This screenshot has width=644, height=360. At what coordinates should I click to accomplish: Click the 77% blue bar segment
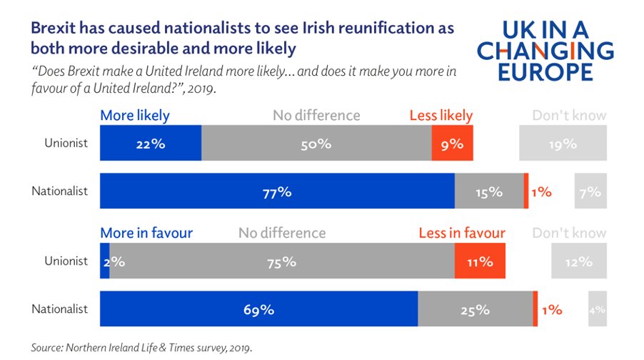tap(277, 191)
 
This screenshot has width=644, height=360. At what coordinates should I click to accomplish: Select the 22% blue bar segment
tap(151, 143)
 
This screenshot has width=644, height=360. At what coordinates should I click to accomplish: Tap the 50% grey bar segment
tap(316, 143)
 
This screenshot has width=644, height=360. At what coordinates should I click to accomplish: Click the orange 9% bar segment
tap(452, 143)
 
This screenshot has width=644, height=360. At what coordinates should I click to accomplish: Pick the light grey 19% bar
tap(563, 143)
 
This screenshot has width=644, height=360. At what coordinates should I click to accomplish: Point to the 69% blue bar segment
tap(258, 309)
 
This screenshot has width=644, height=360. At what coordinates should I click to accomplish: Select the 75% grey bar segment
tap(282, 261)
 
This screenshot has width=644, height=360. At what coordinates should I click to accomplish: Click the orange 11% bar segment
tap(480, 261)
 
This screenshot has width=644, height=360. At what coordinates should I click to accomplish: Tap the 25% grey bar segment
tap(475, 309)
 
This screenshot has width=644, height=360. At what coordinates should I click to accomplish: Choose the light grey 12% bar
tap(578, 261)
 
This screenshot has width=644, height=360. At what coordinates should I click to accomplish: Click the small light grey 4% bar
tap(598, 309)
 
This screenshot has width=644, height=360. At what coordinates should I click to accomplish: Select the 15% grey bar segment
tap(489, 191)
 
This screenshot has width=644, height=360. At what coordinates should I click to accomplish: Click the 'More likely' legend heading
tap(135, 115)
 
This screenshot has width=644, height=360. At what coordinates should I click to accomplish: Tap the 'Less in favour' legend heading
tap(462, 233)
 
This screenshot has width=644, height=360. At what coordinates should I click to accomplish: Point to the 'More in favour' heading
tap(146, 233)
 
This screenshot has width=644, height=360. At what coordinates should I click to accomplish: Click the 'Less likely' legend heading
tap(441, 115)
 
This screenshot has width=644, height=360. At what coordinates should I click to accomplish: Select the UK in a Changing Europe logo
tap(545, 51)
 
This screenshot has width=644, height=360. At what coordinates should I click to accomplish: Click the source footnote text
tap(141, 347)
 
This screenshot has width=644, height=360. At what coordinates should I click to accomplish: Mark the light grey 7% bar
tap(590, 191)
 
